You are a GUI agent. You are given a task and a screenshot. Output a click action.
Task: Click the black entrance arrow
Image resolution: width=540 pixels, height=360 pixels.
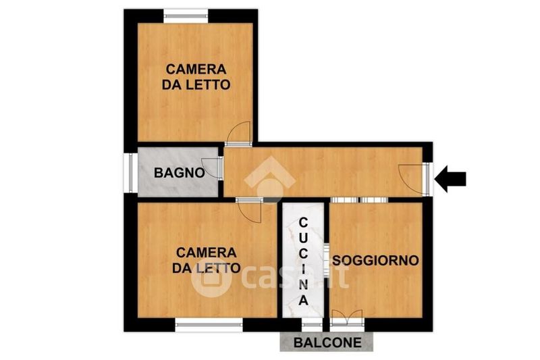[450, 179]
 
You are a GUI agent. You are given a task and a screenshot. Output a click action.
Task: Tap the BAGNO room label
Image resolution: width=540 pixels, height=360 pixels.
[179, 173]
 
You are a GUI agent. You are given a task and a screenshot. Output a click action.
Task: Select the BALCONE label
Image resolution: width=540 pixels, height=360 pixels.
[327, 342]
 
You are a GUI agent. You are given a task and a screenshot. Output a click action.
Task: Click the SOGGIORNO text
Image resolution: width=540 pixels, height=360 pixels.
[375, 260]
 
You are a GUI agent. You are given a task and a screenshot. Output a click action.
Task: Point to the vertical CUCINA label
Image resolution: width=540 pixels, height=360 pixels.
[303, 262]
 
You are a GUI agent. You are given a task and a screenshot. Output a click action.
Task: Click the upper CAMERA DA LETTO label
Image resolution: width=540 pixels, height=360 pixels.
[196, 77]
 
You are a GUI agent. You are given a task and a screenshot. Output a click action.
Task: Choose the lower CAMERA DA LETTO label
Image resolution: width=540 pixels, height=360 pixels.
[206, 260]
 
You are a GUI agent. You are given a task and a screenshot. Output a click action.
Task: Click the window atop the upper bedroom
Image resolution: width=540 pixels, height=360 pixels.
[186, 16]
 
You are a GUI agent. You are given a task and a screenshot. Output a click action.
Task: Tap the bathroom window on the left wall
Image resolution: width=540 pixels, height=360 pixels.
[131, 173]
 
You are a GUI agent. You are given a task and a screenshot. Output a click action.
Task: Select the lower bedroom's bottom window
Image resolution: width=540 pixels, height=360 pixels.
[209, 324]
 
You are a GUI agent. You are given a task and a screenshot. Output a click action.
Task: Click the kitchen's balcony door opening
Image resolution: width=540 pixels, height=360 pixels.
[312, 324]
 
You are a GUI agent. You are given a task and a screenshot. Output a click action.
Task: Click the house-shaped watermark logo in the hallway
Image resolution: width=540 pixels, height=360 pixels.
[269, 179]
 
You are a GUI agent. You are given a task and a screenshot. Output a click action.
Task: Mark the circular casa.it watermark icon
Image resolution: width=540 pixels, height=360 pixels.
[211, 279]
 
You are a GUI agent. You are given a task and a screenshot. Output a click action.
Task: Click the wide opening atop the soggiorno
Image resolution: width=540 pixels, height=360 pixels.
[359, 200]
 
